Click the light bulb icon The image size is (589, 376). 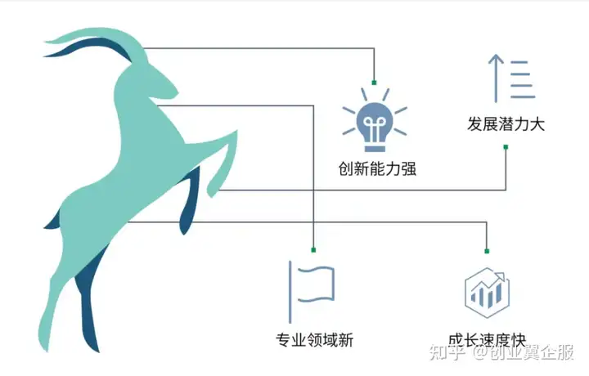(375, 120)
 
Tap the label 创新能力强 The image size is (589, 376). (377, 168)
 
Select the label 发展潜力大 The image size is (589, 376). (506, 123)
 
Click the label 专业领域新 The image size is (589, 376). (314, 340)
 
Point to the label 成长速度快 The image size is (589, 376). (487, 339)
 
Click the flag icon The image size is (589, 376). (312, 292)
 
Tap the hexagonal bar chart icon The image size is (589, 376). (488, 293)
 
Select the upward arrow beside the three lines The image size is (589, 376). (496, 78)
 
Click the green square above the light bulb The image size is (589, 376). (374, 83)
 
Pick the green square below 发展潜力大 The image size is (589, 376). (506, 147)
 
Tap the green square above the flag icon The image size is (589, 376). (313, 250)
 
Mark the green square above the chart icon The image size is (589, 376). (487, 251)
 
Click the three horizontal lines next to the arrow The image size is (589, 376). (522, 79)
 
